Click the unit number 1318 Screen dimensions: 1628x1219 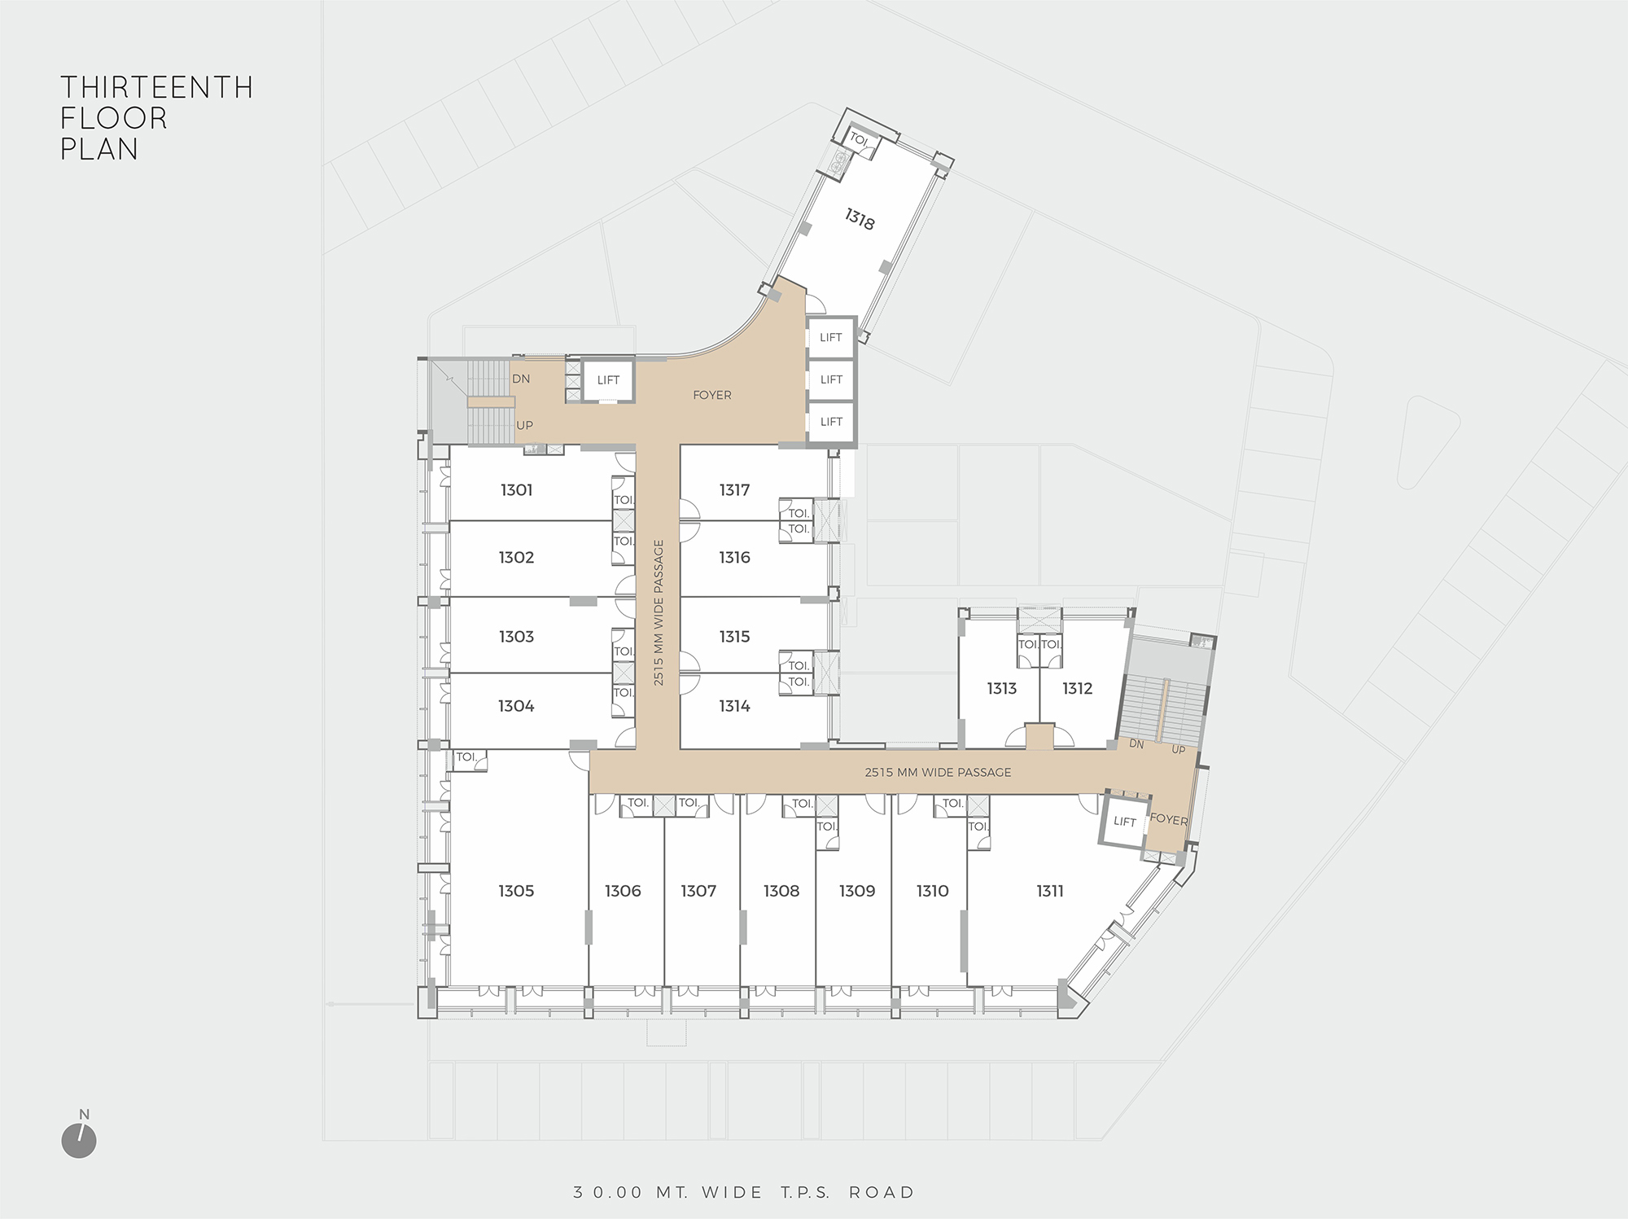[x=860, y=219]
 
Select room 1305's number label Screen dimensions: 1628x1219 [x=516, y=891]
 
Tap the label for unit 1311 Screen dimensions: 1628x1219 [x=1050, y=891]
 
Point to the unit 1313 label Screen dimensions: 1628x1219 [x=1001, y=688]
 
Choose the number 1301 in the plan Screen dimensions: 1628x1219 [x=516, y=489]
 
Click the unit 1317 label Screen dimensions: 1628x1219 [x=734, y=489]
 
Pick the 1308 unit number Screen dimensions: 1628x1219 [x=781, y=891]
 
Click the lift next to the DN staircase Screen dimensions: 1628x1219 [x=608, y=380]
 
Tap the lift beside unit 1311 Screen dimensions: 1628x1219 [x=1124, y=822]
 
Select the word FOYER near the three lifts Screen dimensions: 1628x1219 [x=712, y=395]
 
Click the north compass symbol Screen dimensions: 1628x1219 [x=79, y=1140]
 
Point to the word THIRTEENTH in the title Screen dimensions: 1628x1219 [x=157, y=87]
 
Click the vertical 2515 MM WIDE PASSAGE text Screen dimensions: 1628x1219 [x=659, y=612]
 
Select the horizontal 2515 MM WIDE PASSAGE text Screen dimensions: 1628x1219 [x=938, y=772]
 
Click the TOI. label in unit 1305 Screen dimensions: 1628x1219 [x=466, y=757]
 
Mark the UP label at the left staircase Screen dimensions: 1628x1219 [x=524, y=426]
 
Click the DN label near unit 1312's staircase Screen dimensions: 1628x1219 [x=1137, y=744]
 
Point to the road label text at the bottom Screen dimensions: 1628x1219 [x=744, y=1192]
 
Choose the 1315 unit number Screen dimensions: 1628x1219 [x=734, y=637]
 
